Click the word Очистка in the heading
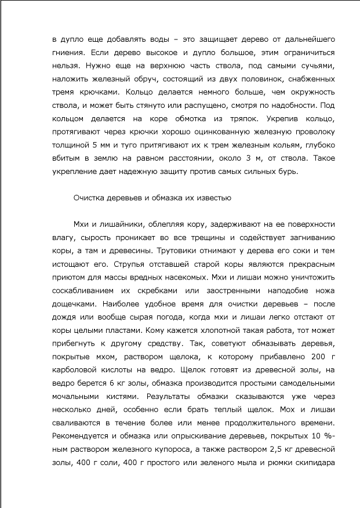point(90,198)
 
